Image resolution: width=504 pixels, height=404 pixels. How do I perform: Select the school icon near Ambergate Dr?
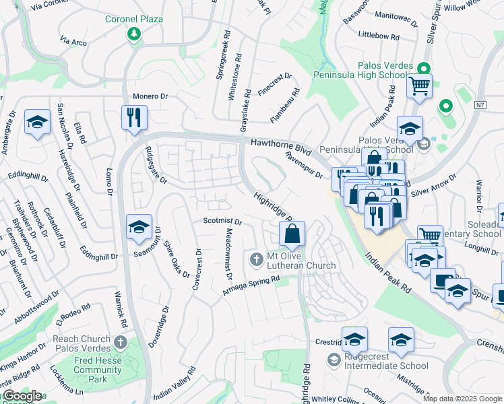[x=37, y=122]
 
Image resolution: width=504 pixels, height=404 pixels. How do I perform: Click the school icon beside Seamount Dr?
[x=139, y=228]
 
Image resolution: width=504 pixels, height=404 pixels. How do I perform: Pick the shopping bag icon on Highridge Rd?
[x=292, y=234]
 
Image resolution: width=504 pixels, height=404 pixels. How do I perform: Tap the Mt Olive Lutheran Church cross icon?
[x=256, y=259]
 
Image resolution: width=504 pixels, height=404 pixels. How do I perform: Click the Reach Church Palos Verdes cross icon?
[x=121, y=343]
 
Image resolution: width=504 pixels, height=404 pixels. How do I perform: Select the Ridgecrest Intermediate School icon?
[x=333, y=360]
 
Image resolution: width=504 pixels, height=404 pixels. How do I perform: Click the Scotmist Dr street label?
[x=222, y=221]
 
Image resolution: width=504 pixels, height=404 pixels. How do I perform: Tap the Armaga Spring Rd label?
[x=251, y=284]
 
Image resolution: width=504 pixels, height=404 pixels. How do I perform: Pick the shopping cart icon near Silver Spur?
[x=419, y=86]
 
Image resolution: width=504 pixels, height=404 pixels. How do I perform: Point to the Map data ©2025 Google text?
[x=462, y=399]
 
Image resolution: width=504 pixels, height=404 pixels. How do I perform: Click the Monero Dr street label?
[x=150, y=96]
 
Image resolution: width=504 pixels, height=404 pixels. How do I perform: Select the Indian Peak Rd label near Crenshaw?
[x=389, y=276]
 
